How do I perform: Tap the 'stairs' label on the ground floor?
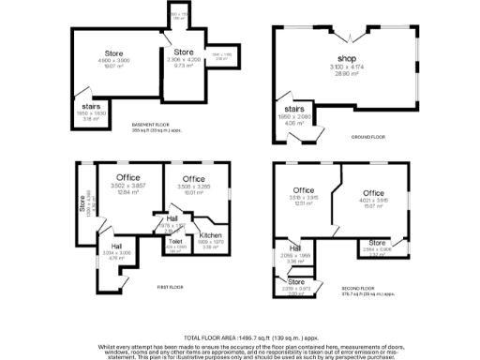coord(295,110)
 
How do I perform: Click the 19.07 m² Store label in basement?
coord(114,52)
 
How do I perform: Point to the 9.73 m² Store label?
coord(184,52)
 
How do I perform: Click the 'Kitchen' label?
coord(211,235)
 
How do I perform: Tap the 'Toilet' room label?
coord(174,241)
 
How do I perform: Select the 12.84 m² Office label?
coord(128,177)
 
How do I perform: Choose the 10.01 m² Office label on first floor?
coord(193,178)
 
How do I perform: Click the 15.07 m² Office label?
coord(374,193)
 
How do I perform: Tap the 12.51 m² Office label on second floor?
coord(302,191)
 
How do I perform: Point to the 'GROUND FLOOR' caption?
coord(367,137)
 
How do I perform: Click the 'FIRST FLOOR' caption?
coord(170,286)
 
